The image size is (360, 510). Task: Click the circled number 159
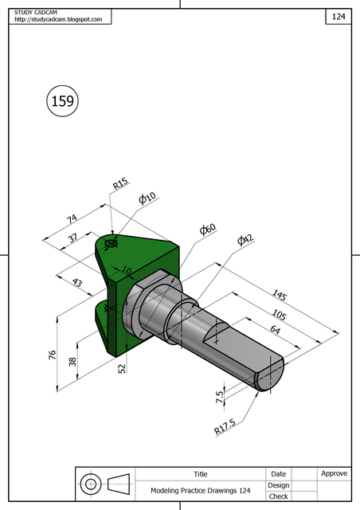pyautogui.click(x=62, y=100)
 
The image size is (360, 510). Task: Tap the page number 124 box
pyautogui.click(x=338, y=16)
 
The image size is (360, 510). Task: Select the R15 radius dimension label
pyautogui.click(x=120, y=183)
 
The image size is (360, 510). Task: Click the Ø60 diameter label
pyautogui.click(x=208, y=229)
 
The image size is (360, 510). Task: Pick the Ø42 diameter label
pyautogui.click(x=245, y=240)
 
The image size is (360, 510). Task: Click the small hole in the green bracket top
pyautogui.click(x=111, y=242)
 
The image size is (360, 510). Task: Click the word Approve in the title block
pyautogui.click(x=334, y=473)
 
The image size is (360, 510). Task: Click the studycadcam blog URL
pyautogui.click(x=58, y=19)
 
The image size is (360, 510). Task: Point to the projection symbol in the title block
pyautogui.click(x=105, y=483)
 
